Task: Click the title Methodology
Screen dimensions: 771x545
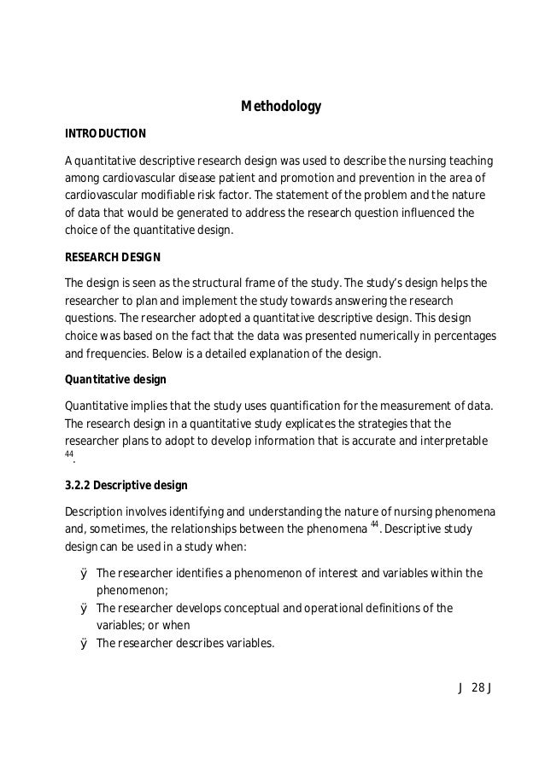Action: coord(280,107)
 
